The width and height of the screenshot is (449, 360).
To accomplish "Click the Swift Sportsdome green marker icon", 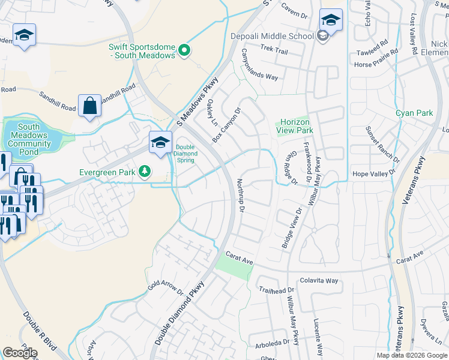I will [x=185, y=51].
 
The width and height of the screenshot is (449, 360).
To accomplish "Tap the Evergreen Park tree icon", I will [x=144, y=173].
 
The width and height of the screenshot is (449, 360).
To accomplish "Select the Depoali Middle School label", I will [x=272, y=36].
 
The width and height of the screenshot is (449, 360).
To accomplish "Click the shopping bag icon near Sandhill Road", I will [x=89, y=106].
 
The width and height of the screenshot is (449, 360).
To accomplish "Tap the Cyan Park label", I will [x=414, y=113].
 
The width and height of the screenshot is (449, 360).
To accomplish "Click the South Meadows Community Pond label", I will [x=29, y=140].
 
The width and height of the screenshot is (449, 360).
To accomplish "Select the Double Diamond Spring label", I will [x=186, y=152].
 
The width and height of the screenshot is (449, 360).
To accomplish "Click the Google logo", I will [x=19, y=352].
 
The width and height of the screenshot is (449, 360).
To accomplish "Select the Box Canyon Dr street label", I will [x=226, y=125].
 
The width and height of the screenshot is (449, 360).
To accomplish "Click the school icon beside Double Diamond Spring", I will [x=160, y=143].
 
